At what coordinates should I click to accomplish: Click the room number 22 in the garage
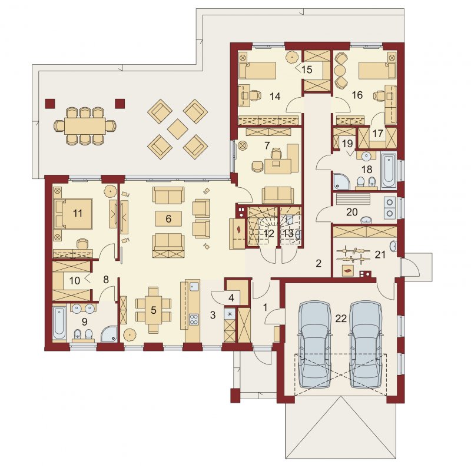point(341,319)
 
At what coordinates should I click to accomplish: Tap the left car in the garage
point(314,345)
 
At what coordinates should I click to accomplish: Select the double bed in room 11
point(73,214)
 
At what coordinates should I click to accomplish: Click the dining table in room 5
point(154,310)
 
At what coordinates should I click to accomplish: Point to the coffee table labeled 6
point(168,218)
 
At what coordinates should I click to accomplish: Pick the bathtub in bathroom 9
point(59,324)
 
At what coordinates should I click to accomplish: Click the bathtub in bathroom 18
point(389,170)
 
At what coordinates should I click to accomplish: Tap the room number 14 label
point(275,97)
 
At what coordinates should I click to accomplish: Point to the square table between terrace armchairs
point(178,129)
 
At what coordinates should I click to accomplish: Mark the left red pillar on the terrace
point(50,103)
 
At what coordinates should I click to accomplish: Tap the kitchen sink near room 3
point(194,287)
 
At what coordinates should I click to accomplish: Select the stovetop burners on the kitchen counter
point(194,319)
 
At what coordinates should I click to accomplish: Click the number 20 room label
point(351,212)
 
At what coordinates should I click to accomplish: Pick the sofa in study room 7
point(278,195)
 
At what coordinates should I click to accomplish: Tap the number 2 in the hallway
point(319,263)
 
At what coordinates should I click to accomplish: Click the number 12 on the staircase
point(269,233)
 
